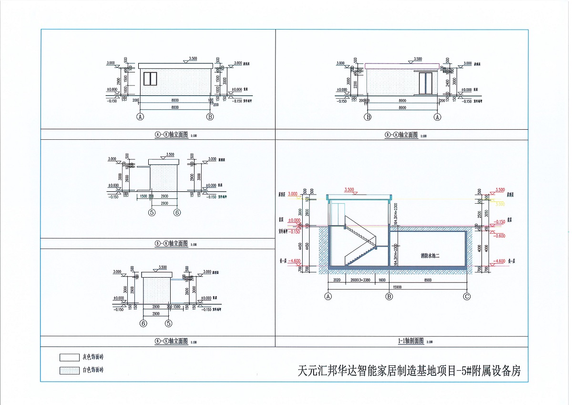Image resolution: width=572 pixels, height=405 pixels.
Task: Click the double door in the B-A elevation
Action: tap(425, 83)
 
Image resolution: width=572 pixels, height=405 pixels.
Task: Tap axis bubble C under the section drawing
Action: tap(467, 296)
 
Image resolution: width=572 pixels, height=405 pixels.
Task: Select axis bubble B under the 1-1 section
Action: tap(389, 296)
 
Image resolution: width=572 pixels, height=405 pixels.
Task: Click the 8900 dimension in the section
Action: tap(428, 280)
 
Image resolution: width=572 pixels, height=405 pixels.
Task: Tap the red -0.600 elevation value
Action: tap(500, 236)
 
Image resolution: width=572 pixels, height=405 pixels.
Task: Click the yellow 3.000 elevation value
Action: tap(500, 204)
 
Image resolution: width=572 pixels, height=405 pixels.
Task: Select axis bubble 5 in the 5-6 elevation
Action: tap(152, 213)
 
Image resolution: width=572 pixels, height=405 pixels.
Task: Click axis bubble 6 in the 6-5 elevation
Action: tap(143, 323)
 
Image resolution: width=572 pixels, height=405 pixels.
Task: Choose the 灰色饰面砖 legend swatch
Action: tap(69, 357)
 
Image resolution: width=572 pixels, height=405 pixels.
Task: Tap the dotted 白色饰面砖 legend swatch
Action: tap(69, 370)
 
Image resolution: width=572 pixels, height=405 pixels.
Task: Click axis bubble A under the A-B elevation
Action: tap(141, 116)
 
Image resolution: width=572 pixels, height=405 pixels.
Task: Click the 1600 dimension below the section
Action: tap(382, 280)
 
